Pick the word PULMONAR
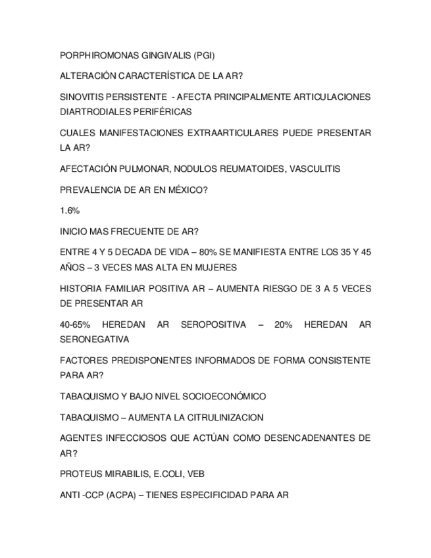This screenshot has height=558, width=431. click(146, 169)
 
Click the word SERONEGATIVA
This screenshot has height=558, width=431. click(94, 340)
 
